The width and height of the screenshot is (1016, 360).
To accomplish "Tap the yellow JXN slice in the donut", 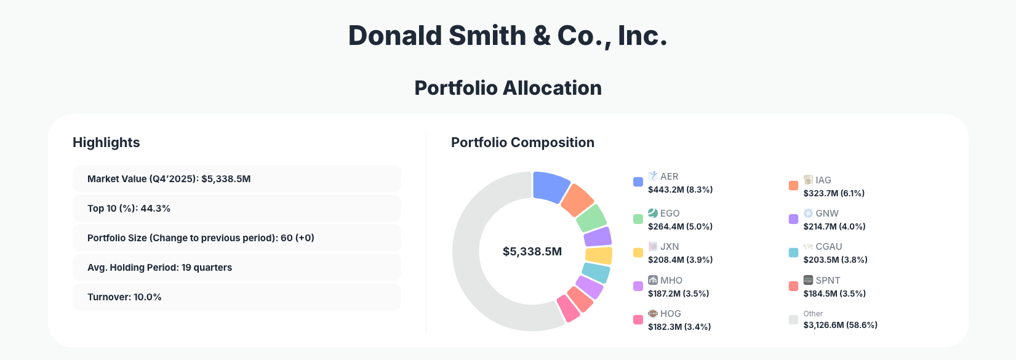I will tap(599, 255).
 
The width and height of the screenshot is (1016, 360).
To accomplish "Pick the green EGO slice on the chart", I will tap(591, 218).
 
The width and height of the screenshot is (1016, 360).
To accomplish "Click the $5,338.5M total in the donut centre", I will tap(532, 252).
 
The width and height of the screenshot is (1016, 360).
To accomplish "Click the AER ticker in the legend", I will tap(669, 177).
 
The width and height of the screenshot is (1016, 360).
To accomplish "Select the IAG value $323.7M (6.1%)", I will tap(834, 193).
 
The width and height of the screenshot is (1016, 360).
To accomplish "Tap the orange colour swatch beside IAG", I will tap(793, 186).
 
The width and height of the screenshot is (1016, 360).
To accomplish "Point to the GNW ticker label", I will tap(827, 214).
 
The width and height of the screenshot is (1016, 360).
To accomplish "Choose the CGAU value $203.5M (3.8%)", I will tap(835, 260).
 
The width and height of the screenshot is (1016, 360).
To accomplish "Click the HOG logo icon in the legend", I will tap(653, 314).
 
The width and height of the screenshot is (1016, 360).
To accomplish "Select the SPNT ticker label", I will tap(828, 281).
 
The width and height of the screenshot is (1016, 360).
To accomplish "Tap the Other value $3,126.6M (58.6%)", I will tap(840, 325).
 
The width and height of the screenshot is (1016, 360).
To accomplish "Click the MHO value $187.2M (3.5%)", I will tap(678, 294).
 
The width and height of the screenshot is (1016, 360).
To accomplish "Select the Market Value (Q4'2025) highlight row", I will tap(236, 179).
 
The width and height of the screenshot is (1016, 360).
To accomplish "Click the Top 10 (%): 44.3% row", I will tap(236, 209).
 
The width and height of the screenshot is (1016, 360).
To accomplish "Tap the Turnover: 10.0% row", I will tap(236, 297).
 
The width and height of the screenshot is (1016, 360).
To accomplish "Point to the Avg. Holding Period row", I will tap(236, 268).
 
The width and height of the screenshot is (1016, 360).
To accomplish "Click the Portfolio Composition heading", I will tap(522, 143).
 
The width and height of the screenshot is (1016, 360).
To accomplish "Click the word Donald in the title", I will tap(394, 36).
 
